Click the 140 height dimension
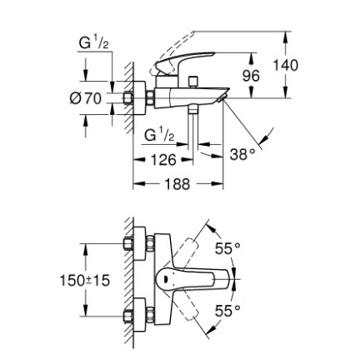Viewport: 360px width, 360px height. pyautogui.click(x=285, y=66)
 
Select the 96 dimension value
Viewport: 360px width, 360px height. pyautogui.click(x=251, y=76)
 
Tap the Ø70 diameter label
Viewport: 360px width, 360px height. pyautogui.click(x=86, y=98)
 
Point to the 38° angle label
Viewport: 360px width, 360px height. pyautogui.click(x=242, y=154)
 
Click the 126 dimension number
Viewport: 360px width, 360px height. pyautogui.click(x=163, y=160)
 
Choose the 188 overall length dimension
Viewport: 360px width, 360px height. pyautogui.click(x=177, y=183)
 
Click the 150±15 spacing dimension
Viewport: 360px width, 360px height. pyautogui.click(x=85, y=281)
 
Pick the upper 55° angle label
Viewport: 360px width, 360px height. pyautogui.click(x=227, y=248)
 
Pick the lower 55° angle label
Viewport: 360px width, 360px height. pyautogui.click(x=227, y=311)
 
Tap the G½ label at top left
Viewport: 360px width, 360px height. pyautogui.click(x=93, y=43)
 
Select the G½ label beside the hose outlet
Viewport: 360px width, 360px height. pyautogui.click(x=159, y=136)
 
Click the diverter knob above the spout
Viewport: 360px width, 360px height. pyautogui.click(x=192, y=82)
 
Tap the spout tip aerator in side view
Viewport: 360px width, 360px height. pyautogui.click(x=222, y=97)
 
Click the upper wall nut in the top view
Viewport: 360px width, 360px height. pyautogui.click(x=128, y=243)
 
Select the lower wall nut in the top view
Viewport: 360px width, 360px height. pyautogui.click(x=128, y=317)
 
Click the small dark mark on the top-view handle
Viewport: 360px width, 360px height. pyautogui.click(x=165, y=279)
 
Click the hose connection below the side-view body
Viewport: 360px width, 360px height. pyautogui.click(x=192, y=111)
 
